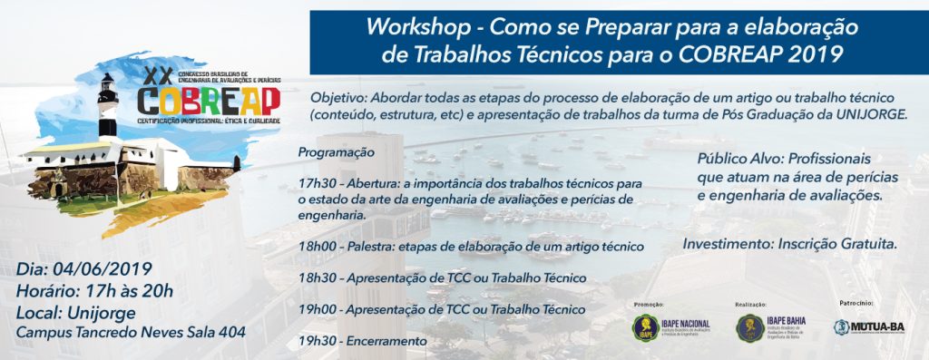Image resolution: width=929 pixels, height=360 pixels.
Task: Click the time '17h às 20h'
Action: pyautogui.click(x=133, y=291)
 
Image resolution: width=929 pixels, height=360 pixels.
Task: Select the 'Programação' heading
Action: pyautogui.click(x=336, y=152)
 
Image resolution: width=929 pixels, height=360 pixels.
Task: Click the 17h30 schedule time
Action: pyautogui.click(x=317, y=184)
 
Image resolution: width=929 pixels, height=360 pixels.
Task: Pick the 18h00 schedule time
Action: pyautogui.click(x=318, y=247)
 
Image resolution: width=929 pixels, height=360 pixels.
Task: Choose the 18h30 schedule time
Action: pyautogui.click(x=317, y=277)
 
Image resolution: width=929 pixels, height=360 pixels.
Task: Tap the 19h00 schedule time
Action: pyautogui.click(x=318, y=309)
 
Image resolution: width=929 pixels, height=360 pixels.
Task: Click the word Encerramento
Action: pyautogui.click(x=388, y=340)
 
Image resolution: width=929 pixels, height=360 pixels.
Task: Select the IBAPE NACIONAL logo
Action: pyautogui.click(x=672, y=327)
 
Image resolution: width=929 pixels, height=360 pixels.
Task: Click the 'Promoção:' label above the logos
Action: pyautogui.click(x=649, y=305)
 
